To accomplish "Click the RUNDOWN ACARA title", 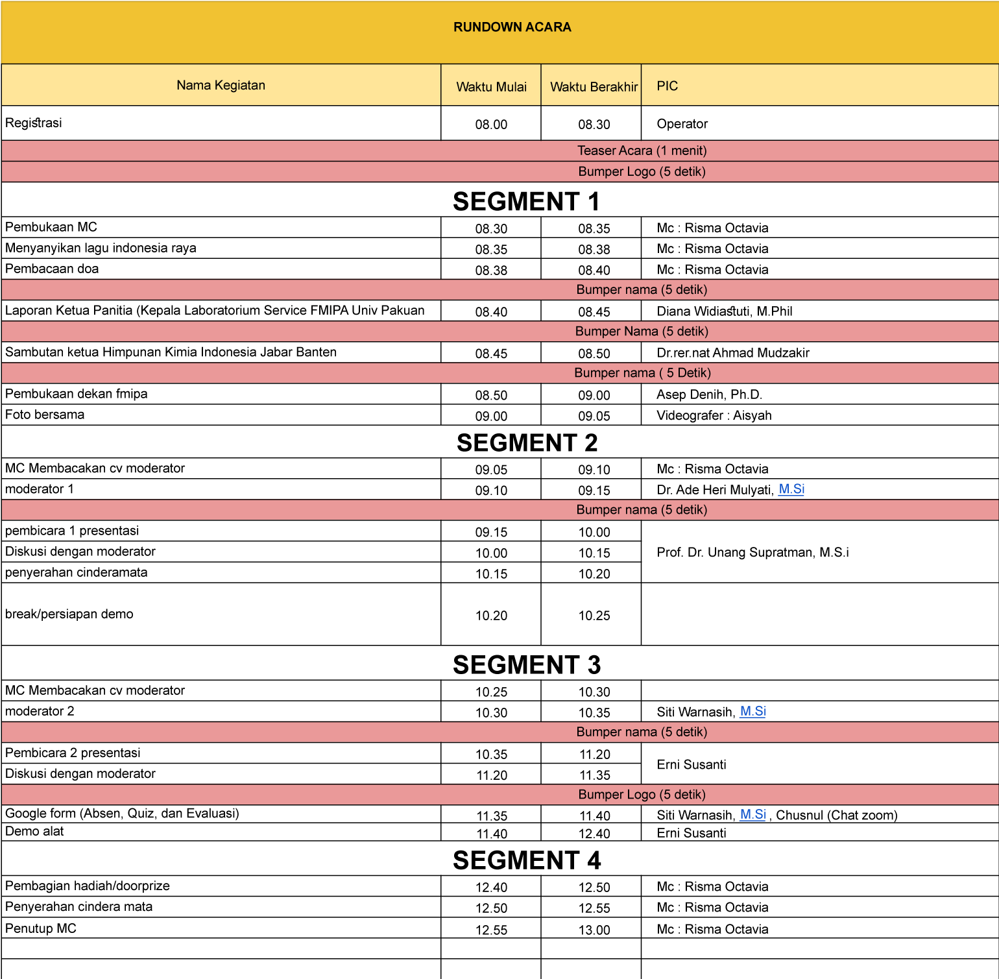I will (512, 27).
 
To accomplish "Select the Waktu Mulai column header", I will (491, 87).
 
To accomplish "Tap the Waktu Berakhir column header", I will (594, 87).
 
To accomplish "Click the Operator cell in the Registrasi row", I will (682, 124).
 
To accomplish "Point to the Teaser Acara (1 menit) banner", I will (642, 151).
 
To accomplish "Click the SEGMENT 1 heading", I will (526, 201).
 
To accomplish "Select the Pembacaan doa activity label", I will (52, 269).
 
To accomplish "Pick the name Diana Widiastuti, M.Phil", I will (724, 311).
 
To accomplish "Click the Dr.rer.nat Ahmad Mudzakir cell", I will (732, 353).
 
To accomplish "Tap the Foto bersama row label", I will (45, 415).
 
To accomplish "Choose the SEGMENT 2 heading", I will (527, 442).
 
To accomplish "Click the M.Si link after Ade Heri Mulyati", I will (791, 489).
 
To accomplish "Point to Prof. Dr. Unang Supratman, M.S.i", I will (752, 552).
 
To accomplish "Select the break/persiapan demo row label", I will (69, 614).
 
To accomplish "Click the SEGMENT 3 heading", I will (527, 664).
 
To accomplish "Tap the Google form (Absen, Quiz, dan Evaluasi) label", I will (122, 814).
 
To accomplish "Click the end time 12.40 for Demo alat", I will (594, 834).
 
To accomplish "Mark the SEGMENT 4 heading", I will (527, 860).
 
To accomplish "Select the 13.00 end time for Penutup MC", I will (594, 930).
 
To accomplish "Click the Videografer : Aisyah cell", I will (714, 415).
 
